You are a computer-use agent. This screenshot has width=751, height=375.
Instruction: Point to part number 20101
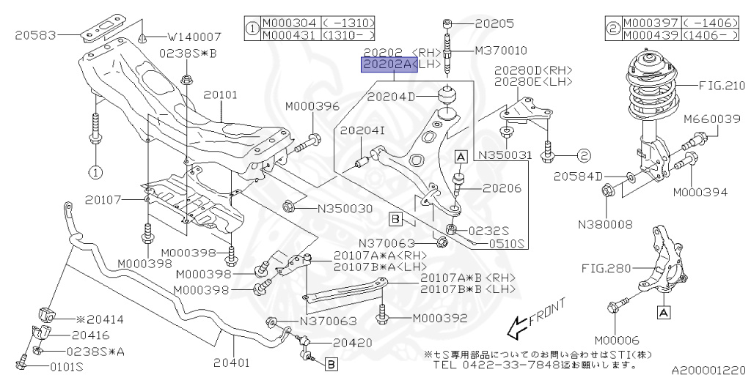coord(221,94)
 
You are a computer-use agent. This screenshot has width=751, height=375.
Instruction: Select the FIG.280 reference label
coord(607,268)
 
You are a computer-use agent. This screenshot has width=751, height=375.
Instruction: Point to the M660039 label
coord(712,119)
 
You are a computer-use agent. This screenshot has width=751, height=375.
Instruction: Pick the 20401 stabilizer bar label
coord(232,361)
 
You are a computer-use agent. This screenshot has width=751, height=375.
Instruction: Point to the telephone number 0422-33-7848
coord(505,365)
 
